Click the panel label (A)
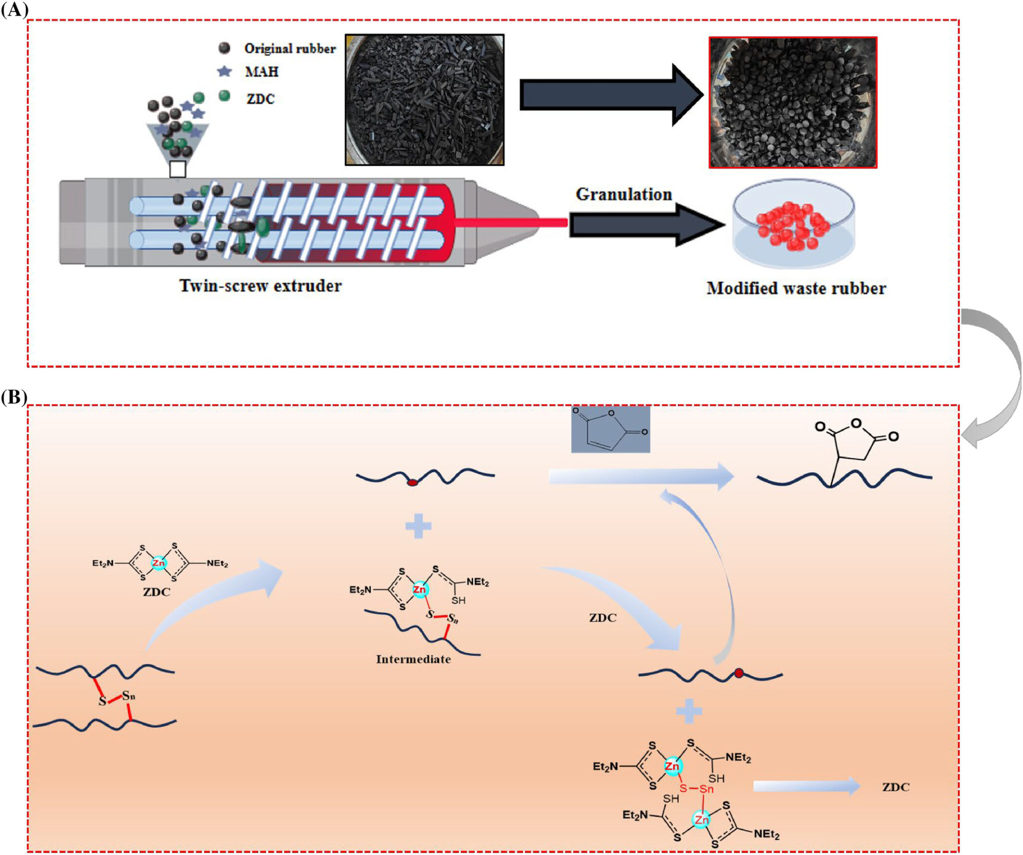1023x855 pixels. (x=14, y=9)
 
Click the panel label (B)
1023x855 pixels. (x=13, y=397)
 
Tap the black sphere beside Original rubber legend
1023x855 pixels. (x=224, y=48)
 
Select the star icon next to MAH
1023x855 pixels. (x=224, y=71)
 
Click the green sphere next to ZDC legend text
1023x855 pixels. (x=224, y=95)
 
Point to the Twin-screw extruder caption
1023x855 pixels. (x=260, y=286)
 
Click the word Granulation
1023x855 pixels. (x=623, y=194)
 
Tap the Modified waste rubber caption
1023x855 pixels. (x=796, y=288)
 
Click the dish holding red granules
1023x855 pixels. (x=793, y=225)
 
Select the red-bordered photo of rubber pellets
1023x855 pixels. (x=793, y=102)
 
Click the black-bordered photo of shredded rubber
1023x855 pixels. (x=425, y=100)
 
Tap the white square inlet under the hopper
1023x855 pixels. (x=178, y=169)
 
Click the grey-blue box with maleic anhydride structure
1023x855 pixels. (x=610, y=429)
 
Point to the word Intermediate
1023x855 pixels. (x=413, y=659)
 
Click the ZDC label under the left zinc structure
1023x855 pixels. (x=156, y=592)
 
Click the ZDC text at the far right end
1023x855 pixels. (x=896, y=787)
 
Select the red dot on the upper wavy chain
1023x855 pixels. (x=413, y=482)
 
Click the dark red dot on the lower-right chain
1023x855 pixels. (x=739, y=673)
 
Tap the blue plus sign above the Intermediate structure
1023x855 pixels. (x=418, y=526)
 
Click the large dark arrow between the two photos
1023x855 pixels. (x=609, y=94)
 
